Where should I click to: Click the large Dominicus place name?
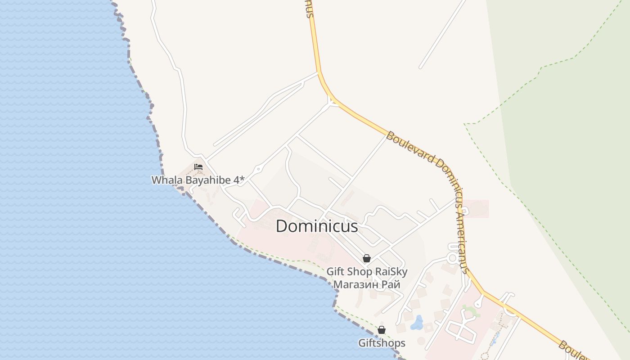317,226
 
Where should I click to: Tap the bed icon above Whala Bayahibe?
198,167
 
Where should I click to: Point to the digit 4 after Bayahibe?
236,180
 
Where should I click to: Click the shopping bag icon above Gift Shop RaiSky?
367,258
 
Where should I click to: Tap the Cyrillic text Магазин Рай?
366,284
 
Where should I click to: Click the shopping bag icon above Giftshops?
382,330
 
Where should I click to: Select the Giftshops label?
382,343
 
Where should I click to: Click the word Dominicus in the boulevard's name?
446,171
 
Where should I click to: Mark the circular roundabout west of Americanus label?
452,258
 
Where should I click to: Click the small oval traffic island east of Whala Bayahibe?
258,170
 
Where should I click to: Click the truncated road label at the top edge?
309,8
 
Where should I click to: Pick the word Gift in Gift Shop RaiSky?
335,272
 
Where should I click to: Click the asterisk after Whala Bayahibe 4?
242,180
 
